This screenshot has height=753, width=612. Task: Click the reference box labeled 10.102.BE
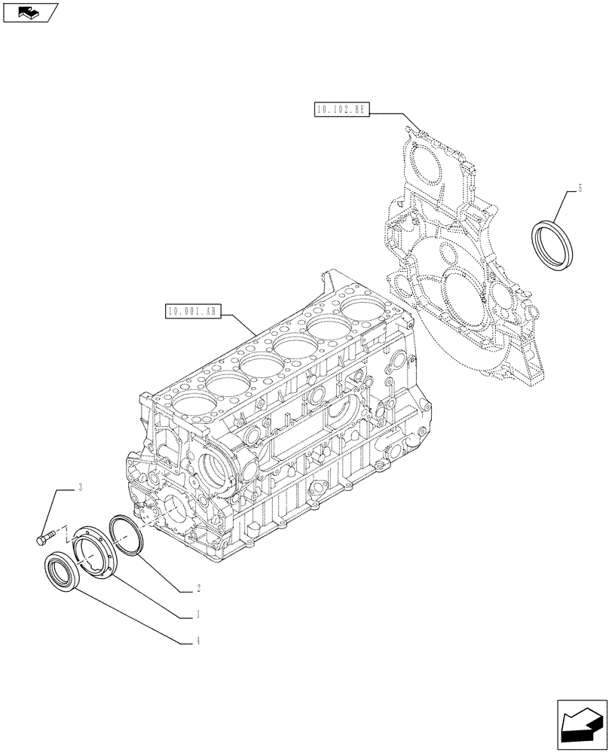point(339,110)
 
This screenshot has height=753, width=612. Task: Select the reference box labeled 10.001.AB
point(191,310)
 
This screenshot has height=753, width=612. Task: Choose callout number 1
point(197,614)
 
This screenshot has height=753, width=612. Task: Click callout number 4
point(197,642)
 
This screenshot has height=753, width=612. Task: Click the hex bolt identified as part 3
point(45,537)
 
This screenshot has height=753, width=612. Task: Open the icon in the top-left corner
point(30,11)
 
